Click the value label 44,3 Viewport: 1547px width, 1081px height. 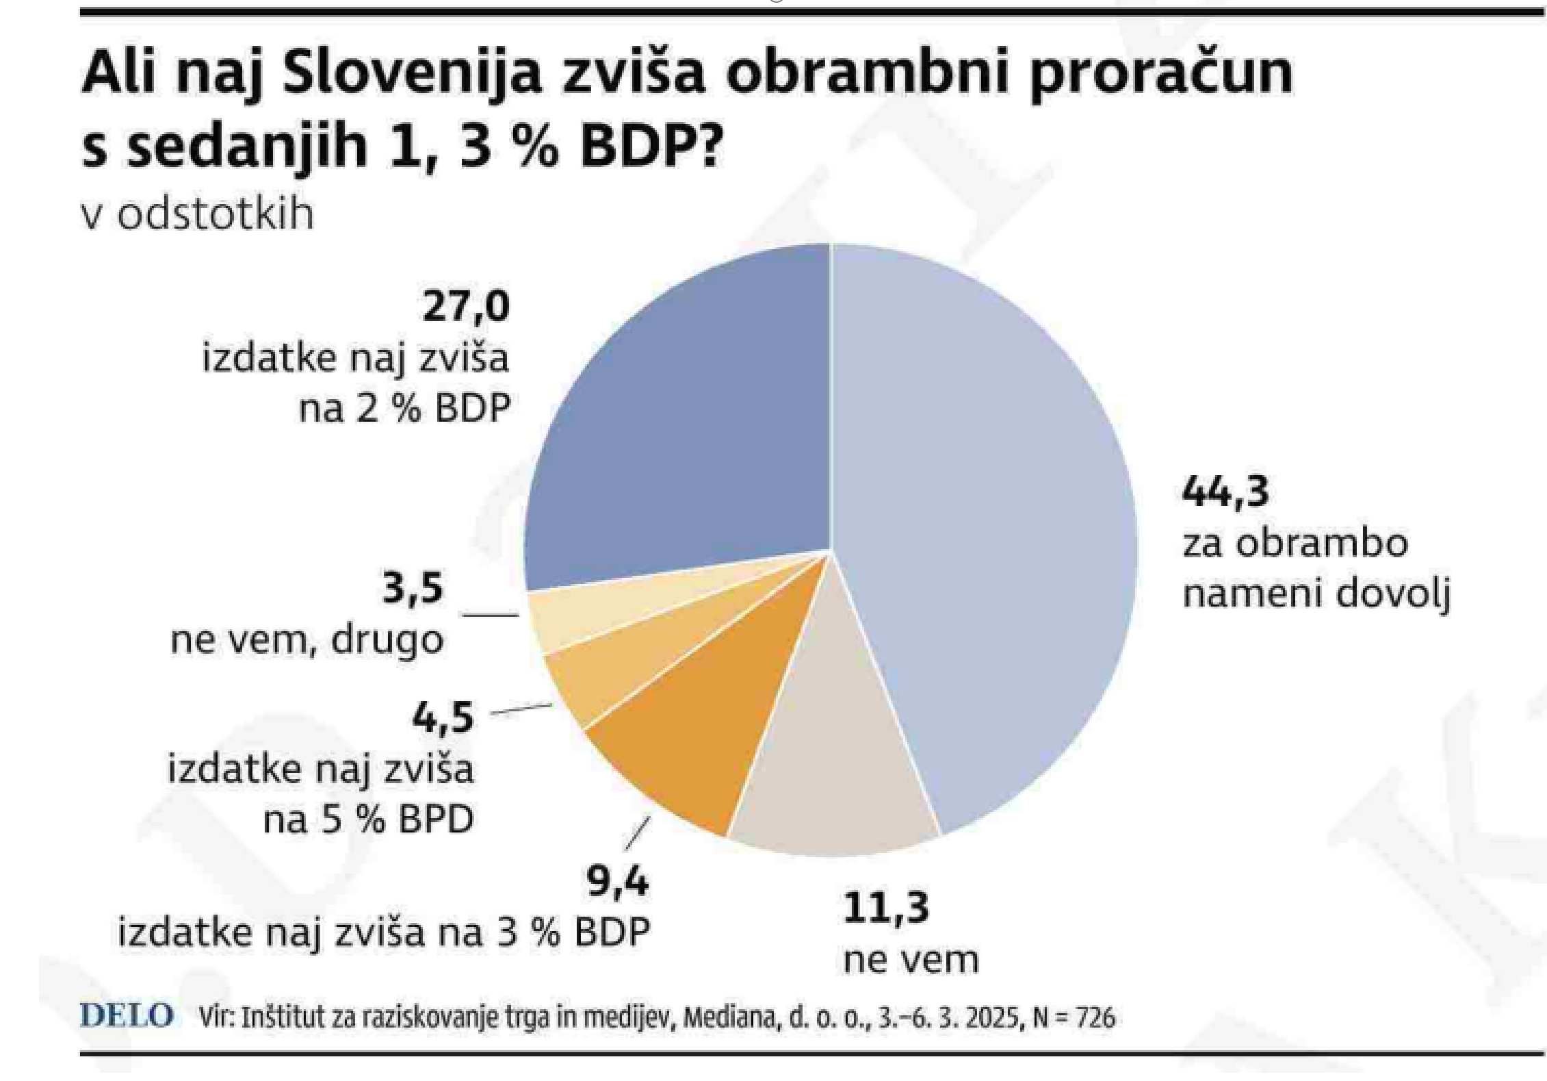tap(1225, 492)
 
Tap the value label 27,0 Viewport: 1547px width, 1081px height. tap(466, 306)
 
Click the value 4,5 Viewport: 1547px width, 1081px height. tap(443, 717)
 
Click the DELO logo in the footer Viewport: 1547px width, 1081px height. tap(127, 1016)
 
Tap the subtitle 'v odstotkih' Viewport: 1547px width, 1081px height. tap(198, 215)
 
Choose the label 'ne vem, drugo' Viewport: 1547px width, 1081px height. tap(307, 641)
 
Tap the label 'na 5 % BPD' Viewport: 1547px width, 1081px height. tap(369, 819)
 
